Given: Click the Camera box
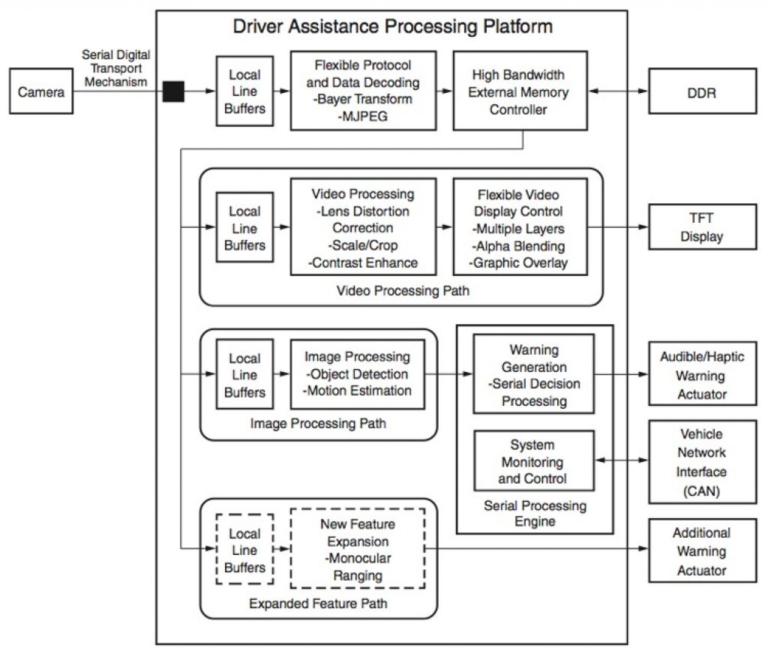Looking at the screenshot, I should [x=42, y=93].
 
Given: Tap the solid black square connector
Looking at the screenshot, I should [x=173, y=92].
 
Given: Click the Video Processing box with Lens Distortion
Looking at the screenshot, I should [x=363, y=227].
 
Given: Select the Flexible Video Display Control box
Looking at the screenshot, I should [x=520, y=227].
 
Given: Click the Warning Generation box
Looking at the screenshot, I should [x=533, y=373].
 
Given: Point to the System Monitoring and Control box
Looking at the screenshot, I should [x=533, y=460].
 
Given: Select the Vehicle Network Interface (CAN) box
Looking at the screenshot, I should [x=701, y=462].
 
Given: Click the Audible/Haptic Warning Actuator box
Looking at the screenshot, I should [x=701, y=375].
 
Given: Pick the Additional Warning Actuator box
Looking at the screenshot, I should [x=701, y=551].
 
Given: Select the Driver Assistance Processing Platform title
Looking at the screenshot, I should [x=392, y=28].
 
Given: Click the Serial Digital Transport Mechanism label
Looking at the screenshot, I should [x=116, y=67].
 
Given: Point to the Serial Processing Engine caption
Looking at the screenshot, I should [x=535, y=514].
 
